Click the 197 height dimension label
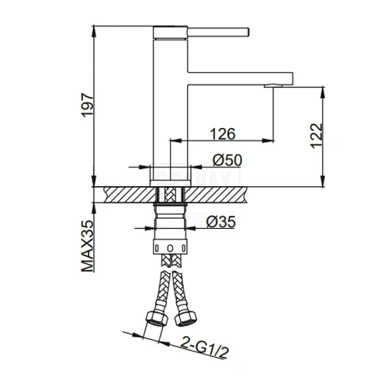(87, 105)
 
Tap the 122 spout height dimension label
(317, 136)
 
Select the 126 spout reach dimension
(223, 134)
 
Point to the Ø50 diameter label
(227, 160)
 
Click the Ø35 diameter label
(221, 222)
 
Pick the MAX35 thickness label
(87, 246)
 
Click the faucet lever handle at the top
(218, 32)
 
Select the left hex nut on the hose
(157, 317)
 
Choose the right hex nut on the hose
(185, 318)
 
